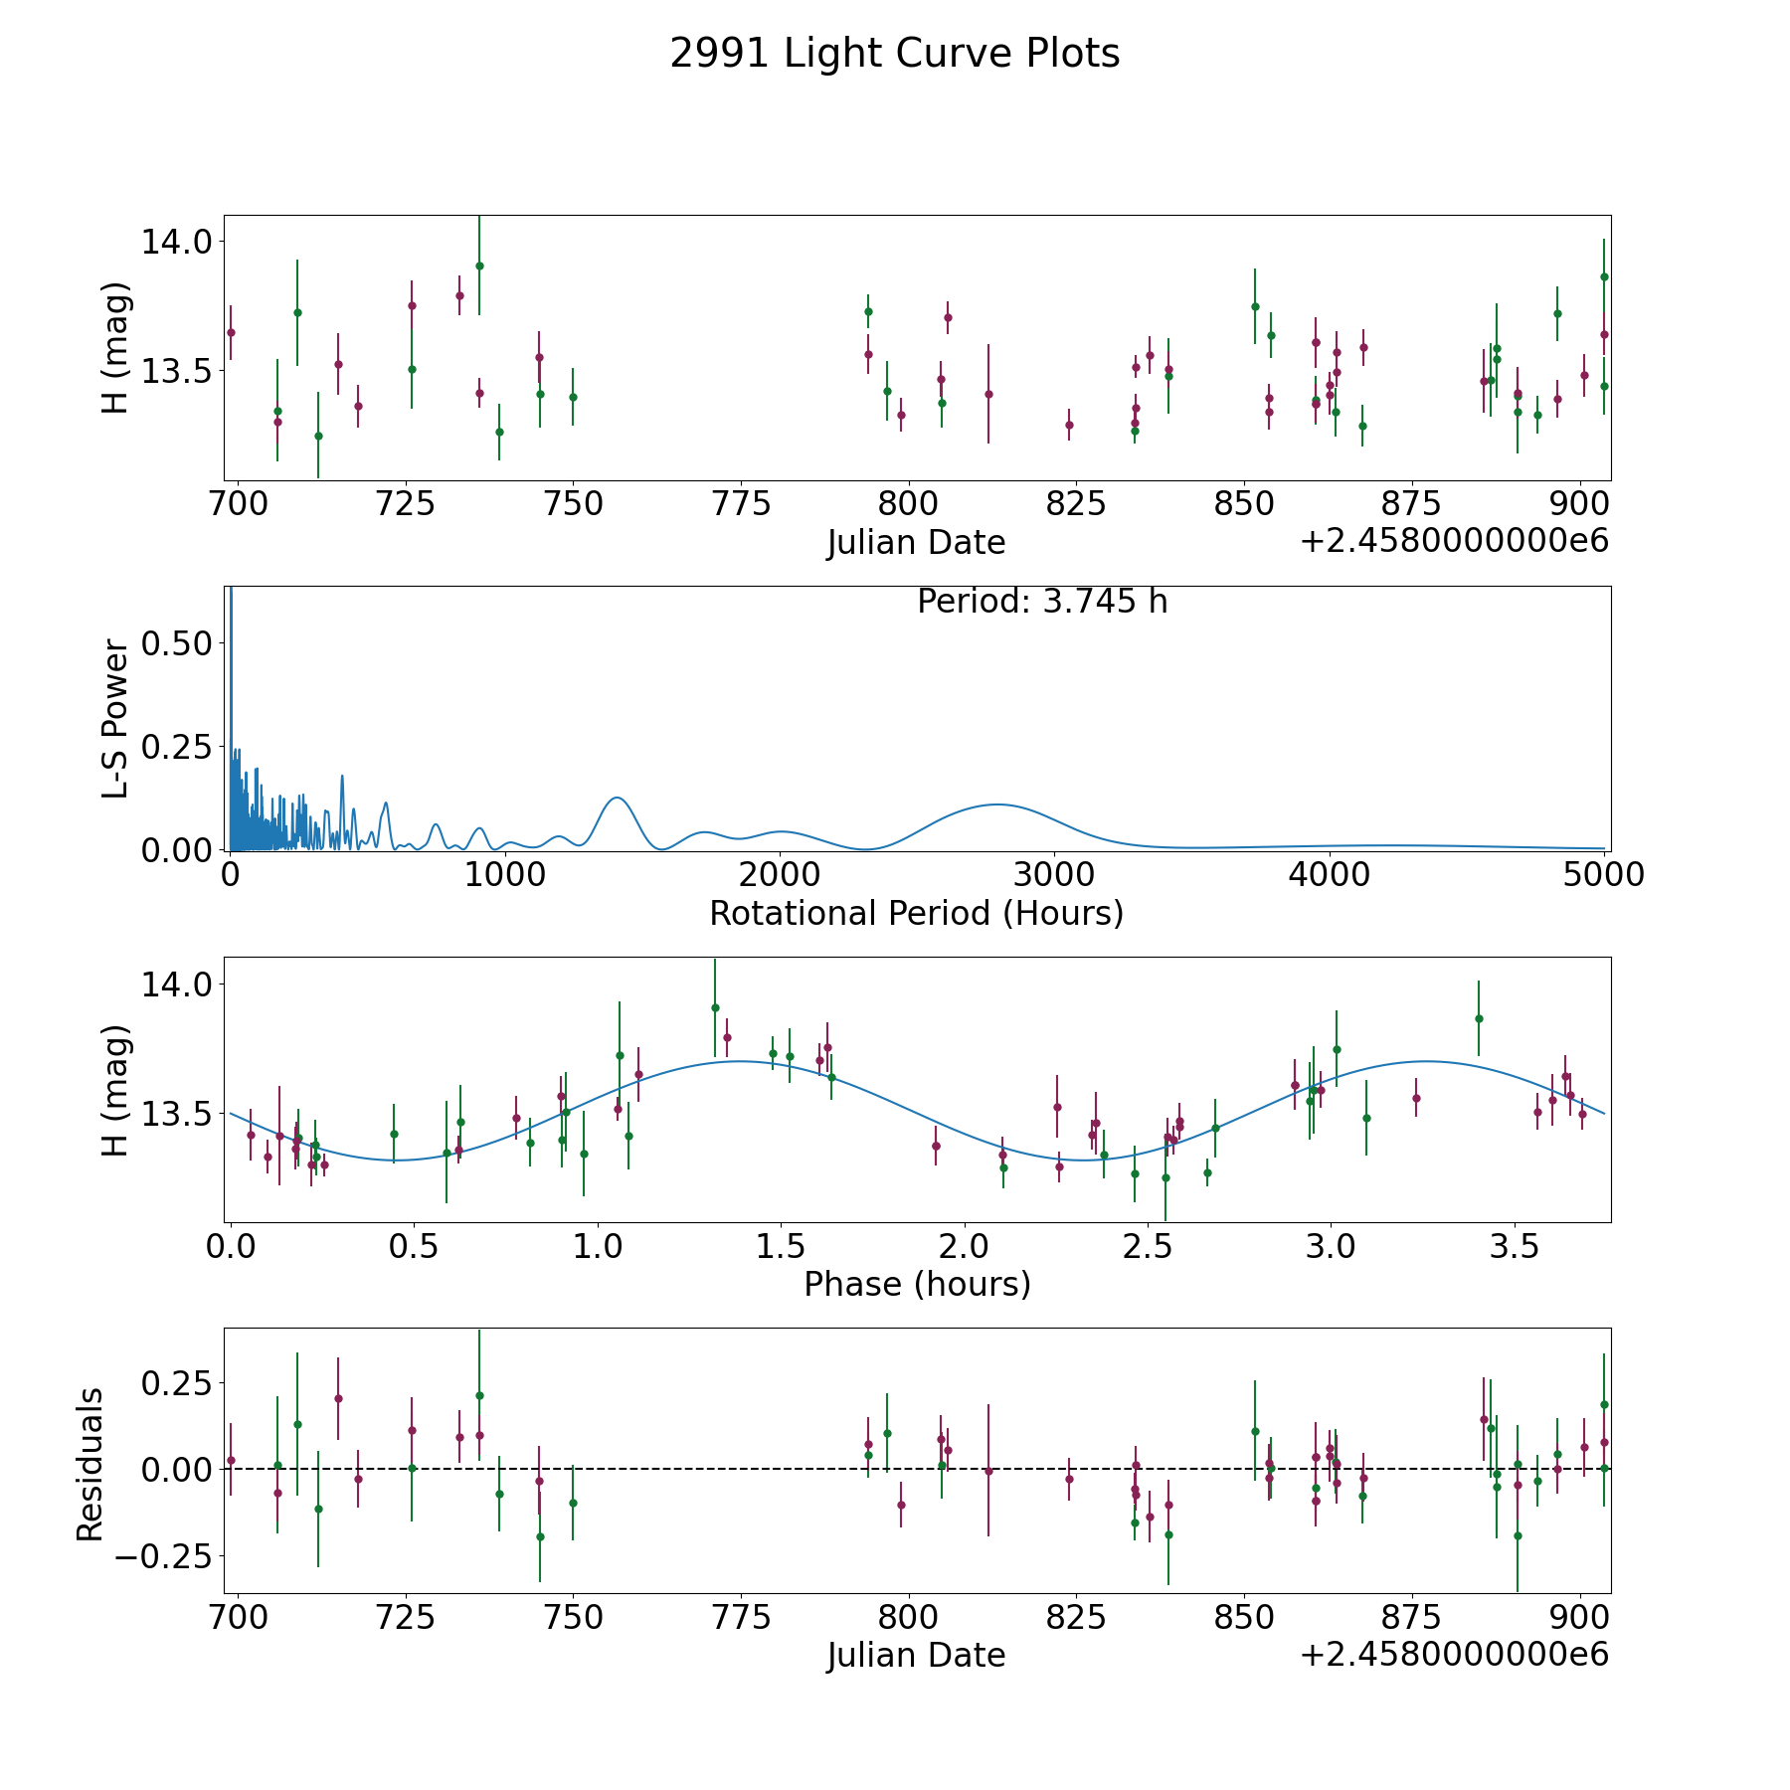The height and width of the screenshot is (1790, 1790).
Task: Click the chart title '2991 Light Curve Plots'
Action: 894,54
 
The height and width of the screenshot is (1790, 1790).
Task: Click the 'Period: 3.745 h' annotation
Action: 1041,602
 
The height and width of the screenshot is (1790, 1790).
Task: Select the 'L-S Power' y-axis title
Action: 115,718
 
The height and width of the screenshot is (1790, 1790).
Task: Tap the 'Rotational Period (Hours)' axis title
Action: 916,913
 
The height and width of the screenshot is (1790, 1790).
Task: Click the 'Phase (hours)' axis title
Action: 916,1284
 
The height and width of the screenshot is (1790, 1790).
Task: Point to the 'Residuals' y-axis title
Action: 90,1464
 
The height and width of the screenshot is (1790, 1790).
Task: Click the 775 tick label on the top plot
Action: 742,504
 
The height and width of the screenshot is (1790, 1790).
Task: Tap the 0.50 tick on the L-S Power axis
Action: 177,643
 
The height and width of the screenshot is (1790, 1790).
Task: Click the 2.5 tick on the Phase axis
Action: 1148,1247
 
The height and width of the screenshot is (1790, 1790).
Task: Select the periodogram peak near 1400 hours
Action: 617,798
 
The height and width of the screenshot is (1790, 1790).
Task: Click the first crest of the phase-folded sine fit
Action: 739,1061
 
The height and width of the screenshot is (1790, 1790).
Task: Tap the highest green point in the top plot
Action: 479,266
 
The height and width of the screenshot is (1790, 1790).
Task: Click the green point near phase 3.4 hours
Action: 1479,1018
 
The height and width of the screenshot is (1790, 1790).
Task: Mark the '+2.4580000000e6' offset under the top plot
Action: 1454,542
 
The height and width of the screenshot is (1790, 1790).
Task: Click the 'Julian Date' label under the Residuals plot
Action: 916,1656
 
